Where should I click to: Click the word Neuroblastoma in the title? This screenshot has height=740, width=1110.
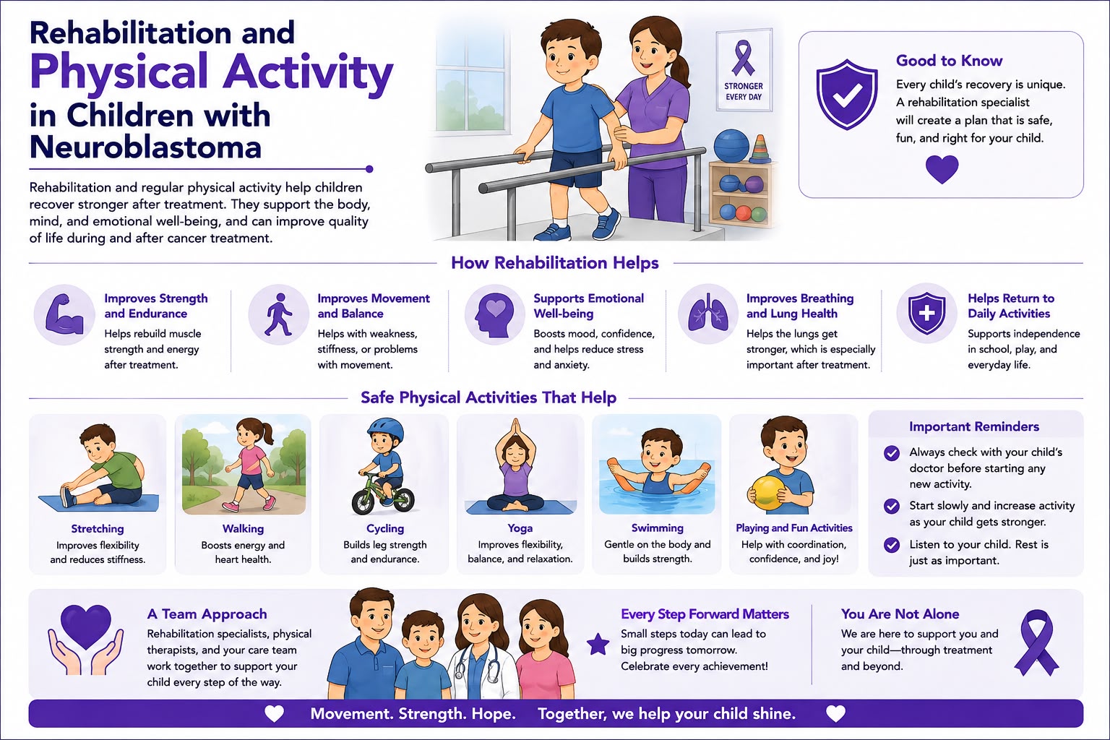[x=145, y=147]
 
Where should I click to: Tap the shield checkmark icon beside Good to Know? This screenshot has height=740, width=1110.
[x=847, y=94]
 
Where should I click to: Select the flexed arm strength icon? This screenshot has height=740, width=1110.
[x=64, y=314]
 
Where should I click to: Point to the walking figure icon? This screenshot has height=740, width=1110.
[x=279, y=314]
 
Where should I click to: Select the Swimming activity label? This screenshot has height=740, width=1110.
[x=657, y=528]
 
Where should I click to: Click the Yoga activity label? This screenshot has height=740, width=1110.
[x=520, y=528]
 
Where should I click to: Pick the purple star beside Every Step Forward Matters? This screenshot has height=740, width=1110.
[x=598, y=644]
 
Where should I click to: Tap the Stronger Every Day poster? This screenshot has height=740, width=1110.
[x=744, y=70]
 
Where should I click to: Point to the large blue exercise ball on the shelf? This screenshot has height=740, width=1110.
[x=731, y=145]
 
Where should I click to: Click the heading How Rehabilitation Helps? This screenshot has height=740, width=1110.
[x=554, y=263]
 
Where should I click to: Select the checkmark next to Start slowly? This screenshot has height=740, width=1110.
[x=892, y=506]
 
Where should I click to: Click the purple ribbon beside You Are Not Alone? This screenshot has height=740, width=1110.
[x=1037, y=643]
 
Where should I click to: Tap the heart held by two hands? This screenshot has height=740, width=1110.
[x=85, y=627]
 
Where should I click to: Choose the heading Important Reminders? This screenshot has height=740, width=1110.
[x=973, y=427]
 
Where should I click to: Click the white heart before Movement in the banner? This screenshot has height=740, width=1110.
[x=274, y=714]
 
